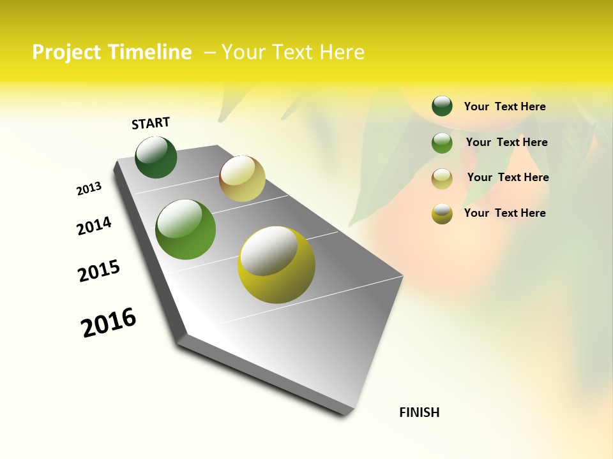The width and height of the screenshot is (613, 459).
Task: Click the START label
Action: pyautogui.click(x=151, y=123)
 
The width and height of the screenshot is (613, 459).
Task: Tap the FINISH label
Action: pyautogui.click(x=419, y=412)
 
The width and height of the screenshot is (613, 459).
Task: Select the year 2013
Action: pyautogui.click(x=89, y=189)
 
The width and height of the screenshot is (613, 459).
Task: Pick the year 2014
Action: pyautogui.click(x=94, y=226)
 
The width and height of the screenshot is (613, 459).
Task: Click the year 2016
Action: pyautogui.click(x=109, y=323)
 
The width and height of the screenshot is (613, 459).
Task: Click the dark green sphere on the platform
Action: pyautogui.click(x=156, y=157)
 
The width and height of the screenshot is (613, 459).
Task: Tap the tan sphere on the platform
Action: pyautogui.click(x=242, y=178)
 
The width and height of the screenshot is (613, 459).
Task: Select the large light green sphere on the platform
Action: pyautogui.click(x=185, y=229)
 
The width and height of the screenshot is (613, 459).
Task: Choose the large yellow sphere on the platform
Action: pyautogui.click(x=276, y=265)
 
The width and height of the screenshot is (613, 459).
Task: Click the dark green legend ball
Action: pyautogui.click(x=442, y=106)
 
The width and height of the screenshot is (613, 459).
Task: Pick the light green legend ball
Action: pyautogui.click(x=442, y=143)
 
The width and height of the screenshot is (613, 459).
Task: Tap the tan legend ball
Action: pyautogui.click(x=442, y=178)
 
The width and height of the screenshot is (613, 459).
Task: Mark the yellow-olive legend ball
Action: pyautogui.click(x=442, y=214)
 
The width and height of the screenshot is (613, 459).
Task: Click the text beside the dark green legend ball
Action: pyautogui.click(x=504, y=106)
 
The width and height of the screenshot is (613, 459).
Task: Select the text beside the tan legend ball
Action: pyautogui.click(x=508, y=177)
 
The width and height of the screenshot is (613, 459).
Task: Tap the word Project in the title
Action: pyautogui.click(x=67, y=52)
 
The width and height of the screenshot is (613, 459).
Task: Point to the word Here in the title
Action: pyautogui.click(x=341, y=52)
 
